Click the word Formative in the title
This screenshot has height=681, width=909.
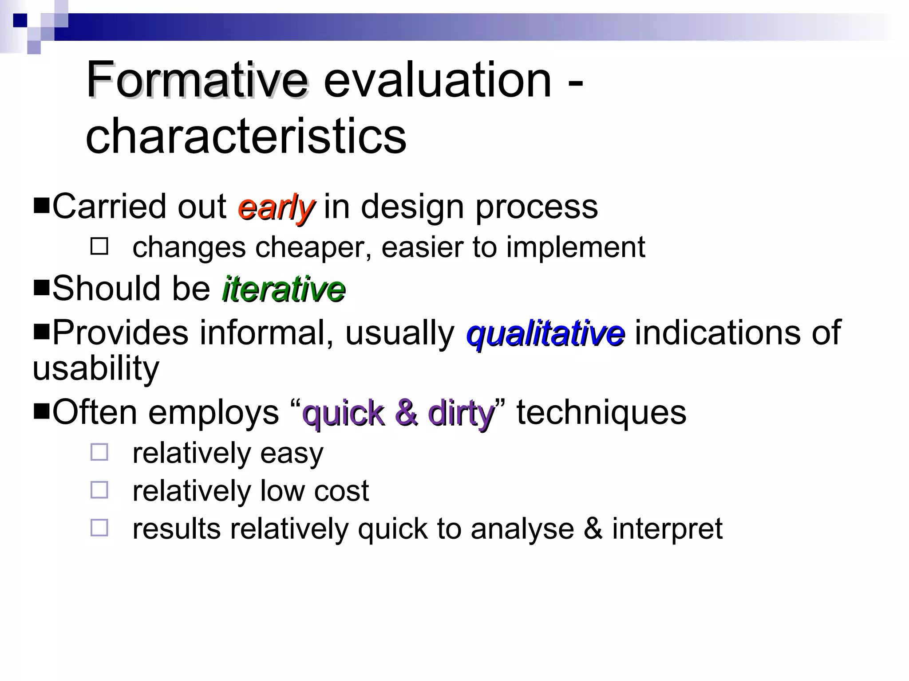[197, 80]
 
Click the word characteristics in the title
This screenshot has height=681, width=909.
[246, 135]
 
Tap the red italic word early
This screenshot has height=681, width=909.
[276, 207]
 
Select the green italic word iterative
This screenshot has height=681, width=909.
[284, 289]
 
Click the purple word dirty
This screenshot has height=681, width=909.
[461, 413]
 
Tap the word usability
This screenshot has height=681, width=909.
[96, 368]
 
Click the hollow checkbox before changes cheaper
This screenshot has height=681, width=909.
[99, 247]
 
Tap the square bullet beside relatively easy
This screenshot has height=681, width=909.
[99, 452]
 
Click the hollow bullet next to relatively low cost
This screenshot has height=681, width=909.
[99, 490]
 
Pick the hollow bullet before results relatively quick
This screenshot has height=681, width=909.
[99, 528]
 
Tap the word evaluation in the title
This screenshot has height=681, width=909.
[437, 80]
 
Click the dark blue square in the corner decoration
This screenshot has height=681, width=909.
[20, 20]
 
